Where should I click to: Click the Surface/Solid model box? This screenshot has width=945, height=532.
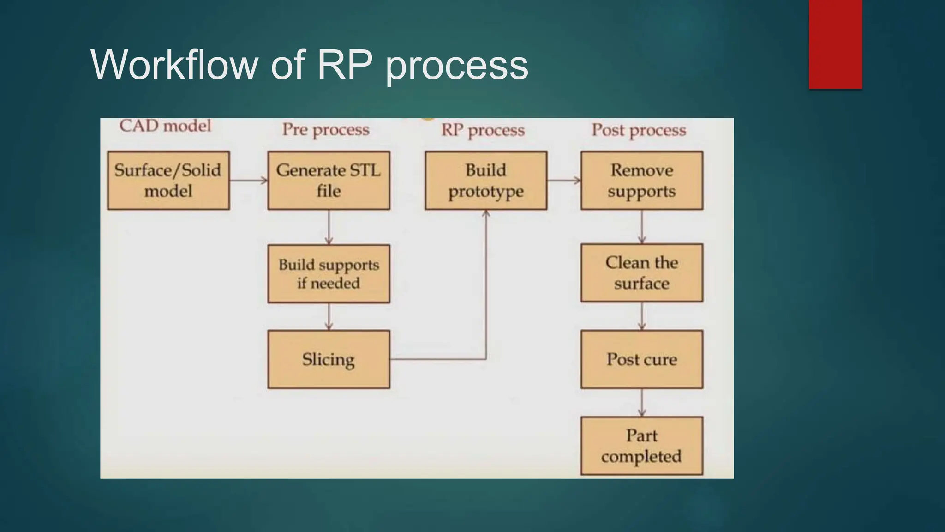pyautogui.click(x=168, y=181)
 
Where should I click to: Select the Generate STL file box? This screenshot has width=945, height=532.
pyautogui.click(x=329, y=181)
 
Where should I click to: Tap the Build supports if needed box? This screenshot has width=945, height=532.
pyautogui.click(x=329, y=274)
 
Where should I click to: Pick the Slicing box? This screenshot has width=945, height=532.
pyautogui.click(x=329, y=359)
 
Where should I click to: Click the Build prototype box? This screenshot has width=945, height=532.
pyautogui.click(x=486, y=181)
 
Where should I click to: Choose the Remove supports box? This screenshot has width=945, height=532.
pyautogui.click(x=642, y=181)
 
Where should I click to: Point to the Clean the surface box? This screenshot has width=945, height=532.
pyautogui.click(x=642, y=273)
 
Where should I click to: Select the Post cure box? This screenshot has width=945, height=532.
pyautogui.click(x=642, y=359)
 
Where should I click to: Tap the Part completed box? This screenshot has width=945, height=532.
pyautogui.click(x=642, y=446)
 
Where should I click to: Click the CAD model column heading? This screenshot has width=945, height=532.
pyautogui.click(x=165, y=126)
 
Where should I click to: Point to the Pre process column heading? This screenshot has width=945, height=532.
pyautogui.click(x=326, y=130)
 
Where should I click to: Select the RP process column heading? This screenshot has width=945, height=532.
pyautogui.click(x=483, y=130)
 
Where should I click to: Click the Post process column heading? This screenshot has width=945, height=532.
pyautogui.click(x=639, y=130)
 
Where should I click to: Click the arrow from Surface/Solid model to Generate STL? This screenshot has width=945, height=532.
pyautogui.click(x=248, y=181)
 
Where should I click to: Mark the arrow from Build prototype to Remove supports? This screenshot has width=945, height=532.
pyautogui.click(x=564, y=181)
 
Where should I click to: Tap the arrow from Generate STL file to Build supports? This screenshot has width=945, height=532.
pyautogui.click(x=329, y=227)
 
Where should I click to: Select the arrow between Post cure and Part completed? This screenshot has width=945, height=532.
pyautogui.click(x=642, y=403)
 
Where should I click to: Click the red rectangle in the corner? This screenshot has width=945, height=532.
pyautogui.click(x=835, y=44)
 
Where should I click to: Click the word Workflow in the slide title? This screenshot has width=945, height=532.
pyautogui.click(x=174, y=65)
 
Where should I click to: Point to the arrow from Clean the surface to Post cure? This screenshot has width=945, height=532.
pyautogui.click(x=642, y=316)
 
